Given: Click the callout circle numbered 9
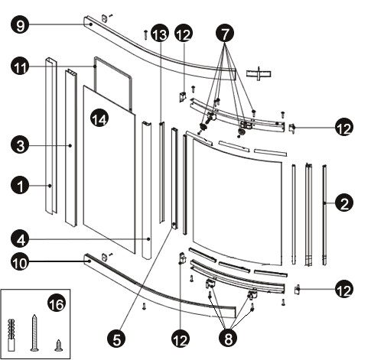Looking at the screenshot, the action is click(x=20, y=24).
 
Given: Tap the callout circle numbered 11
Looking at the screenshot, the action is click(x=20, y=66).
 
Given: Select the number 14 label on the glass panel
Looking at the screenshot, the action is click(x=99, y=118).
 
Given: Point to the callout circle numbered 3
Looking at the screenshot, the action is click(x=20, y=145).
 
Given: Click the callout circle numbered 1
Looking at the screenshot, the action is click(x=20, y=186).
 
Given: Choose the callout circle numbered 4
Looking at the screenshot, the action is click(x=20, y=239).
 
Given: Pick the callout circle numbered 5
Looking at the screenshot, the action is click(x=116, y=339).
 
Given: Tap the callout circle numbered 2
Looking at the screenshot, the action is click(x=344, y=203).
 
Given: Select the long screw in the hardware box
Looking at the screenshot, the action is click(x=34, y=333).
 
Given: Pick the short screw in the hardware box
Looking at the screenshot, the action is click(x=59, y=345).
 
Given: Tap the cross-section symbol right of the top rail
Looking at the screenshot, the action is click(x=259, y=73).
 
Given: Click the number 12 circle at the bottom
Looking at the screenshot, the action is click(x=181, y=339).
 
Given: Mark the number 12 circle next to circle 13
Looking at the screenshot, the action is click(x=184, y=33).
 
